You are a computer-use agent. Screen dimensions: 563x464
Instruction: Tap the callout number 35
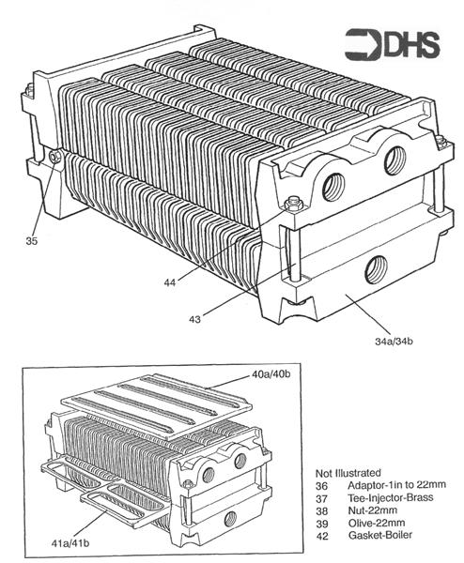click(31, 239)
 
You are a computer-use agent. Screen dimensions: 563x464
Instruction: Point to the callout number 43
click(194, 319)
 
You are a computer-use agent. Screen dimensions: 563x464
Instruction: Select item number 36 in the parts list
click(323, 484)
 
